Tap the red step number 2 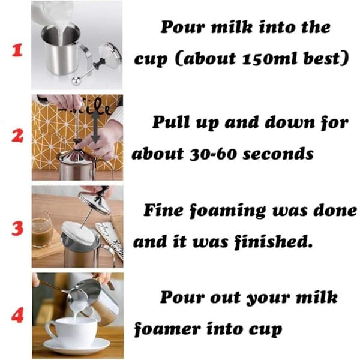(17, 136)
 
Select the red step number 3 (17, 229)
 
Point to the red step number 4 (17, 315)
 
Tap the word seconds (278, 154)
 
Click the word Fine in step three (163, 210)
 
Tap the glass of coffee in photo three (42, 230)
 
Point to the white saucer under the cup (77, 347)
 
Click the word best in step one (326, 59)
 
